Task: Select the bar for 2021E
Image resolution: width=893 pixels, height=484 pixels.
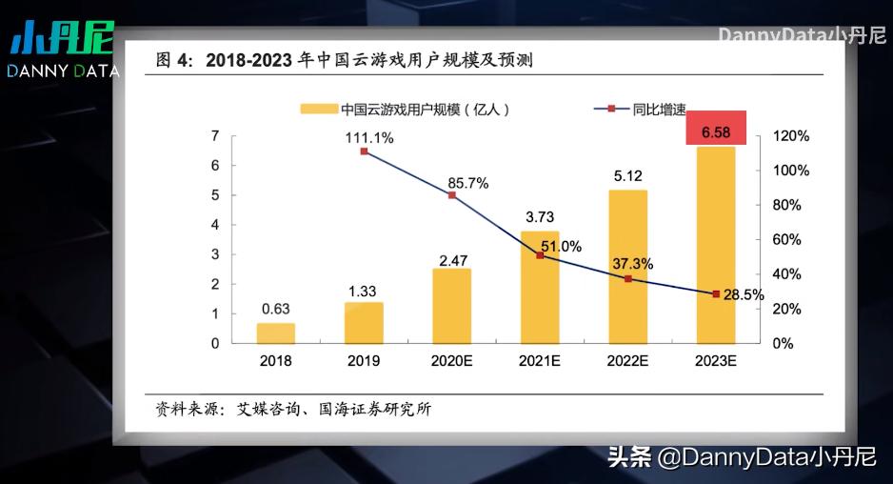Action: tap(540, 287)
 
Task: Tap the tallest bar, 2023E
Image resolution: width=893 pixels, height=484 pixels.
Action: tap(716, 246)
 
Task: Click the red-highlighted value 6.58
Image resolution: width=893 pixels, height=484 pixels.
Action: tap(716, 131)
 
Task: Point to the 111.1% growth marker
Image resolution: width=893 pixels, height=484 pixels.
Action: tap(364, 151)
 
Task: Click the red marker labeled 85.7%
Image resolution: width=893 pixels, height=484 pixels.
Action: tap(452, 195)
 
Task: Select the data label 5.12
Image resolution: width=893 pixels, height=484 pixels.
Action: tap(628, 175)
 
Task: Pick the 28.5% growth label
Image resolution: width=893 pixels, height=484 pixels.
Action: tap(744, 295)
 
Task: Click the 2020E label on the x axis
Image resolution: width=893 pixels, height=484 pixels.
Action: tap(452, 361)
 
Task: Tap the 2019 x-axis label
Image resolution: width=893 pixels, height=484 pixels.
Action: tap(364, 361)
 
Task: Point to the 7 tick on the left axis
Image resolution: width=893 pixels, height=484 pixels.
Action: tap(216, 136)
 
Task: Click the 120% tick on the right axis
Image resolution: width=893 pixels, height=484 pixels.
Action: tap(791, 136)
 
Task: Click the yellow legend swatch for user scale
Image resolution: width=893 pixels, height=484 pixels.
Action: tap(318, 109)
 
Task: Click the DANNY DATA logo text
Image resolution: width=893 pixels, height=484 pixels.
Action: tap(63, 71)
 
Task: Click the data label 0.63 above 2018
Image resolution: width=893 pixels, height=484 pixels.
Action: tap(276, 308)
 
